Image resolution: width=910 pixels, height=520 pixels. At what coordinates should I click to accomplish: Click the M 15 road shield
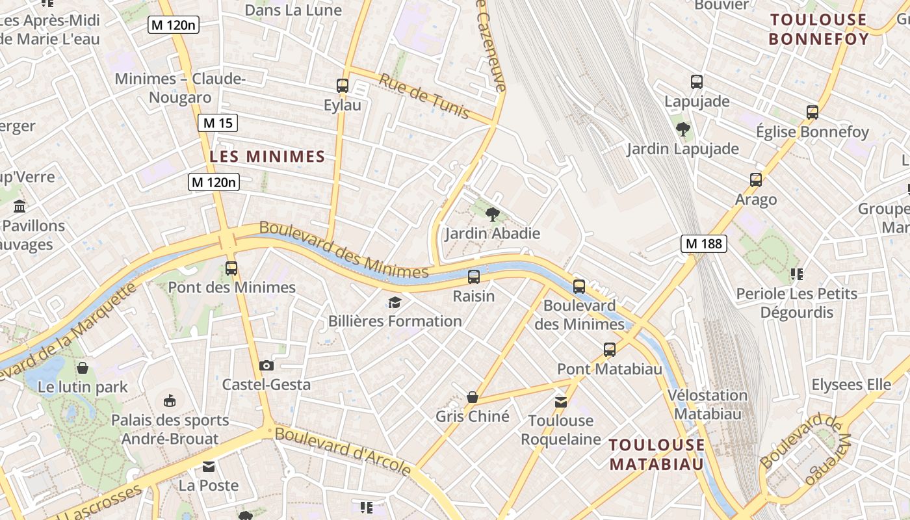tap(218, 123)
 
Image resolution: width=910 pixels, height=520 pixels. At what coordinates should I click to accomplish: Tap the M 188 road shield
tap(703, 244)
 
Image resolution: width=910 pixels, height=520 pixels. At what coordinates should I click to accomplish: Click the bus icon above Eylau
tap(343, 85)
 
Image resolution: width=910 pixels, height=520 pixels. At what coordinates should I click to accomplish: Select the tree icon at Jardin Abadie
tap(493, 213)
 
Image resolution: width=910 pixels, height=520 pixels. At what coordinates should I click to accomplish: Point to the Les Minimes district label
tap(267, 157)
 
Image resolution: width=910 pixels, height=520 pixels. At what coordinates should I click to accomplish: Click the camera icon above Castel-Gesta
tap(266, 365)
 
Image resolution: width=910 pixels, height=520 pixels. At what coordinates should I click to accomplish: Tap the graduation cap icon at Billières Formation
tap(395, 302)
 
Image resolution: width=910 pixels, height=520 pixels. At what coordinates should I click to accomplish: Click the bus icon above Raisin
tap(474, 277)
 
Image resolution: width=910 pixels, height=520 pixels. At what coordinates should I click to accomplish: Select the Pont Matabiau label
tap(609, 369)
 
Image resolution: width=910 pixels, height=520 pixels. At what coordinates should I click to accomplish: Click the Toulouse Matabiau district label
tap(656, 454)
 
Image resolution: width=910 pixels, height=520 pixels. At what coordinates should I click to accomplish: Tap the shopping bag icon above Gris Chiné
tap(473, 397)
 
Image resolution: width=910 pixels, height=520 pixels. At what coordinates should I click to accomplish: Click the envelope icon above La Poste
tap(209, 467)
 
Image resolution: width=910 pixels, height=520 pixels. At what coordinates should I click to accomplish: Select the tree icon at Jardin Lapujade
tap(682, 129)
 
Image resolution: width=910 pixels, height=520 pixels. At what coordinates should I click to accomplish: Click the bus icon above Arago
tap(755, 180)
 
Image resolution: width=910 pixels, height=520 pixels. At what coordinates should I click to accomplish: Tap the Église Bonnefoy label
tap(812, 132)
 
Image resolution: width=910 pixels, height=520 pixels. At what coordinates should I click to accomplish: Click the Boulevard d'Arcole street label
tap(343, 450)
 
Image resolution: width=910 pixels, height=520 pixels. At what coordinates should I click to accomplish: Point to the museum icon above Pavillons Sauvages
tap(19, 207)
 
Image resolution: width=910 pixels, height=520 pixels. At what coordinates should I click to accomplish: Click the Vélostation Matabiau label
tap(708, 404)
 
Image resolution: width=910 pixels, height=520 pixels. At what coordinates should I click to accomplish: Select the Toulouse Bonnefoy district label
tap(818, 29)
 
